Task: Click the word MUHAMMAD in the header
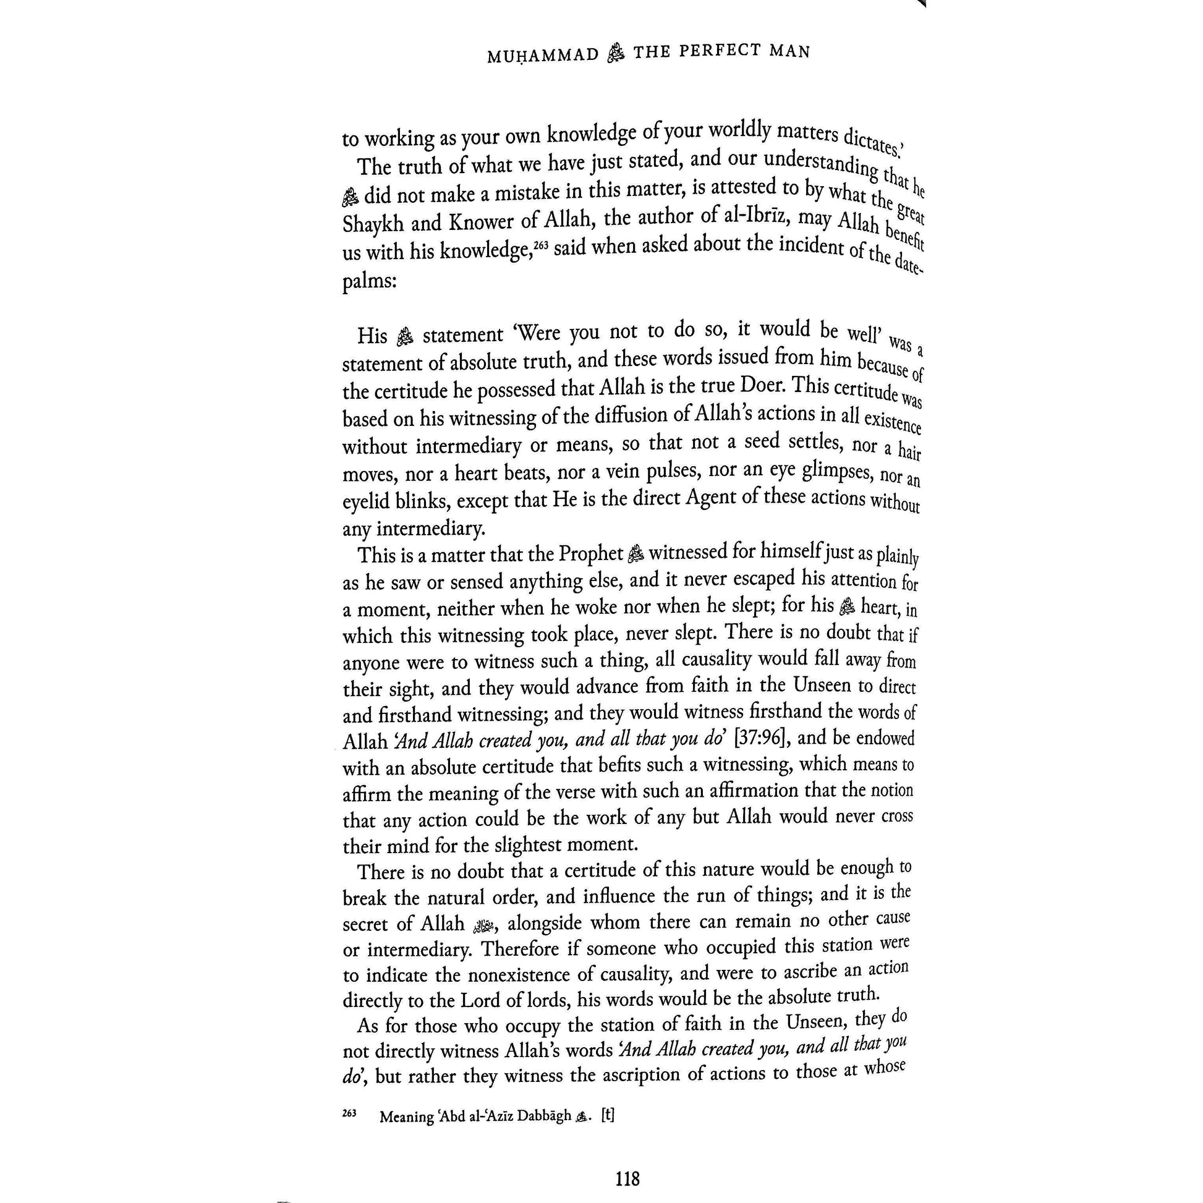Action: (x=542, y=56)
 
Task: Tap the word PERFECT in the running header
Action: (x=721, y=52)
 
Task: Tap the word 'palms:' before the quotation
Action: (x=369, y=282)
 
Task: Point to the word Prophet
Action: (x=590, y=553)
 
